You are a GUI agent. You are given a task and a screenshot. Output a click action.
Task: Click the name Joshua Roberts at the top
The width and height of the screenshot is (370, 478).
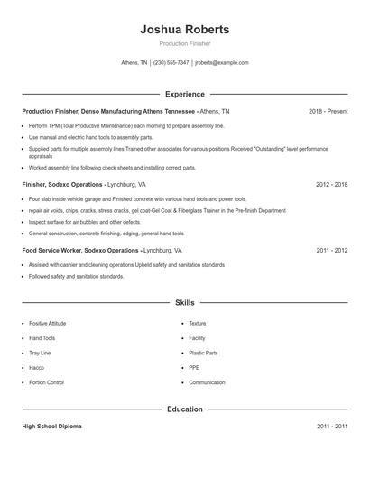tap(185, 29)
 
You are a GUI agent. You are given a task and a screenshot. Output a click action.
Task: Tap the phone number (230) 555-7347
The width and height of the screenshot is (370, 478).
tap(171, 63)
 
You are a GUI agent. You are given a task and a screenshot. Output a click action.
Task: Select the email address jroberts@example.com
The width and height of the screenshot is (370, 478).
tap(222, 63)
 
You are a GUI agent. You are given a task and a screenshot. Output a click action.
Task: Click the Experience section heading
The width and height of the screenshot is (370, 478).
tap(185, 94)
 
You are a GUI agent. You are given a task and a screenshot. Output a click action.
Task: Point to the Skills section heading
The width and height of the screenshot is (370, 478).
tap(185, 303)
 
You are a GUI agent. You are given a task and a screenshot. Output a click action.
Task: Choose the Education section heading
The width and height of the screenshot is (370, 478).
tap(185, 409)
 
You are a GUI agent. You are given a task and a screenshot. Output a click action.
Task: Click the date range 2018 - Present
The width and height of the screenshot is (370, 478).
tap(328, 111)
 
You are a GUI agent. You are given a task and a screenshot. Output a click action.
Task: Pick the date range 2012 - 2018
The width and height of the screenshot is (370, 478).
tap(331, 183)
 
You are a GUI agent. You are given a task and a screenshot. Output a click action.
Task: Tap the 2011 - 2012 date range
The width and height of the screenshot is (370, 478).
tap(331, 250)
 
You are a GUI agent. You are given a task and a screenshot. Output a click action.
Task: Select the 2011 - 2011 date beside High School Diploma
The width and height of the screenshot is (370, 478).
tap(331, 426)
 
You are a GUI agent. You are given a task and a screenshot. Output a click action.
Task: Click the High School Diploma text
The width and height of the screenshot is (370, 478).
tap(51, 426)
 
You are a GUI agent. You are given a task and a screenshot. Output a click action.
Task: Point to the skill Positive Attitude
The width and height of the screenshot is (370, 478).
tap(49, 323)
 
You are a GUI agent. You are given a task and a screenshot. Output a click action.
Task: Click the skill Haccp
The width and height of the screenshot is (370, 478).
tap(38, 368)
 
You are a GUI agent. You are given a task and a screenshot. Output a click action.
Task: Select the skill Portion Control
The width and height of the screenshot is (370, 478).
tap(46, 382)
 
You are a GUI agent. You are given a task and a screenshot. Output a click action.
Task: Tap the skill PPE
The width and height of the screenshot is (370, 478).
tap(195, 368)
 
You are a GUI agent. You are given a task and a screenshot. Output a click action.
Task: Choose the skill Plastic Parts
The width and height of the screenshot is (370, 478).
tap(202, 353)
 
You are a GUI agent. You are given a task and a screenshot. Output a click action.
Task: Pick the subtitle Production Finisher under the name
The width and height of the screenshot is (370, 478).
tap(185, 43)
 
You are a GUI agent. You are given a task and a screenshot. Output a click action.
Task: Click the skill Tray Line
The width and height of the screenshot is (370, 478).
tap(40, 353)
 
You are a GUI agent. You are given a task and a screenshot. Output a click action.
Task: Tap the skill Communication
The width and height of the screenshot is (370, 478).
tap(207, 382)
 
